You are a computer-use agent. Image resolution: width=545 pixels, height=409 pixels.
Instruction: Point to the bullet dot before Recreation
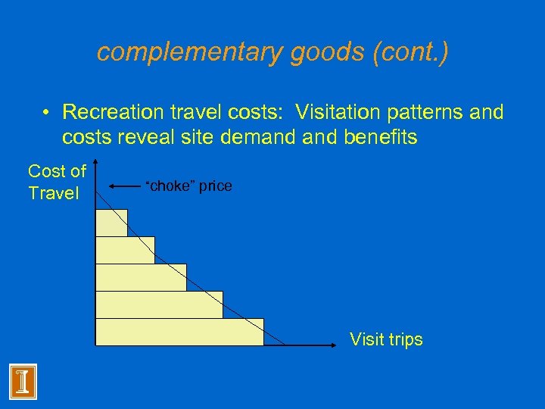[47, 113]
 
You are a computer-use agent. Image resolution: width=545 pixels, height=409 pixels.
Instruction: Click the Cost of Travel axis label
[57, 183]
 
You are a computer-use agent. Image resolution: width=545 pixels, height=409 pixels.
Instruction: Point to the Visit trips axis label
[386, 339]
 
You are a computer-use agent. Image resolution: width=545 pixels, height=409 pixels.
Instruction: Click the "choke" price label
[188, 186]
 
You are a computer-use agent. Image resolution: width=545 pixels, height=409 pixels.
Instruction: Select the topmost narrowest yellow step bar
[111, 222]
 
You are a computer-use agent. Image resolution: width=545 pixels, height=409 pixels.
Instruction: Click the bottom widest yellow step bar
[179, 332]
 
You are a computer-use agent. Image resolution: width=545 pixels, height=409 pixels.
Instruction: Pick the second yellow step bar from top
[125, 250]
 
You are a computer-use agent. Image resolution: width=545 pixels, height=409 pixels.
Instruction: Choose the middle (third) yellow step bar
[141, 277]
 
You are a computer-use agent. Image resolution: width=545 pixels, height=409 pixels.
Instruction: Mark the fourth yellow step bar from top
[159, 304]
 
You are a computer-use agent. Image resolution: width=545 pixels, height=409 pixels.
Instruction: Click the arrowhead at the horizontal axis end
[334, 345]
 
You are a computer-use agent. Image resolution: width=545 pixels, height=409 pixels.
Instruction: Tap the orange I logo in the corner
[23, 381]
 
